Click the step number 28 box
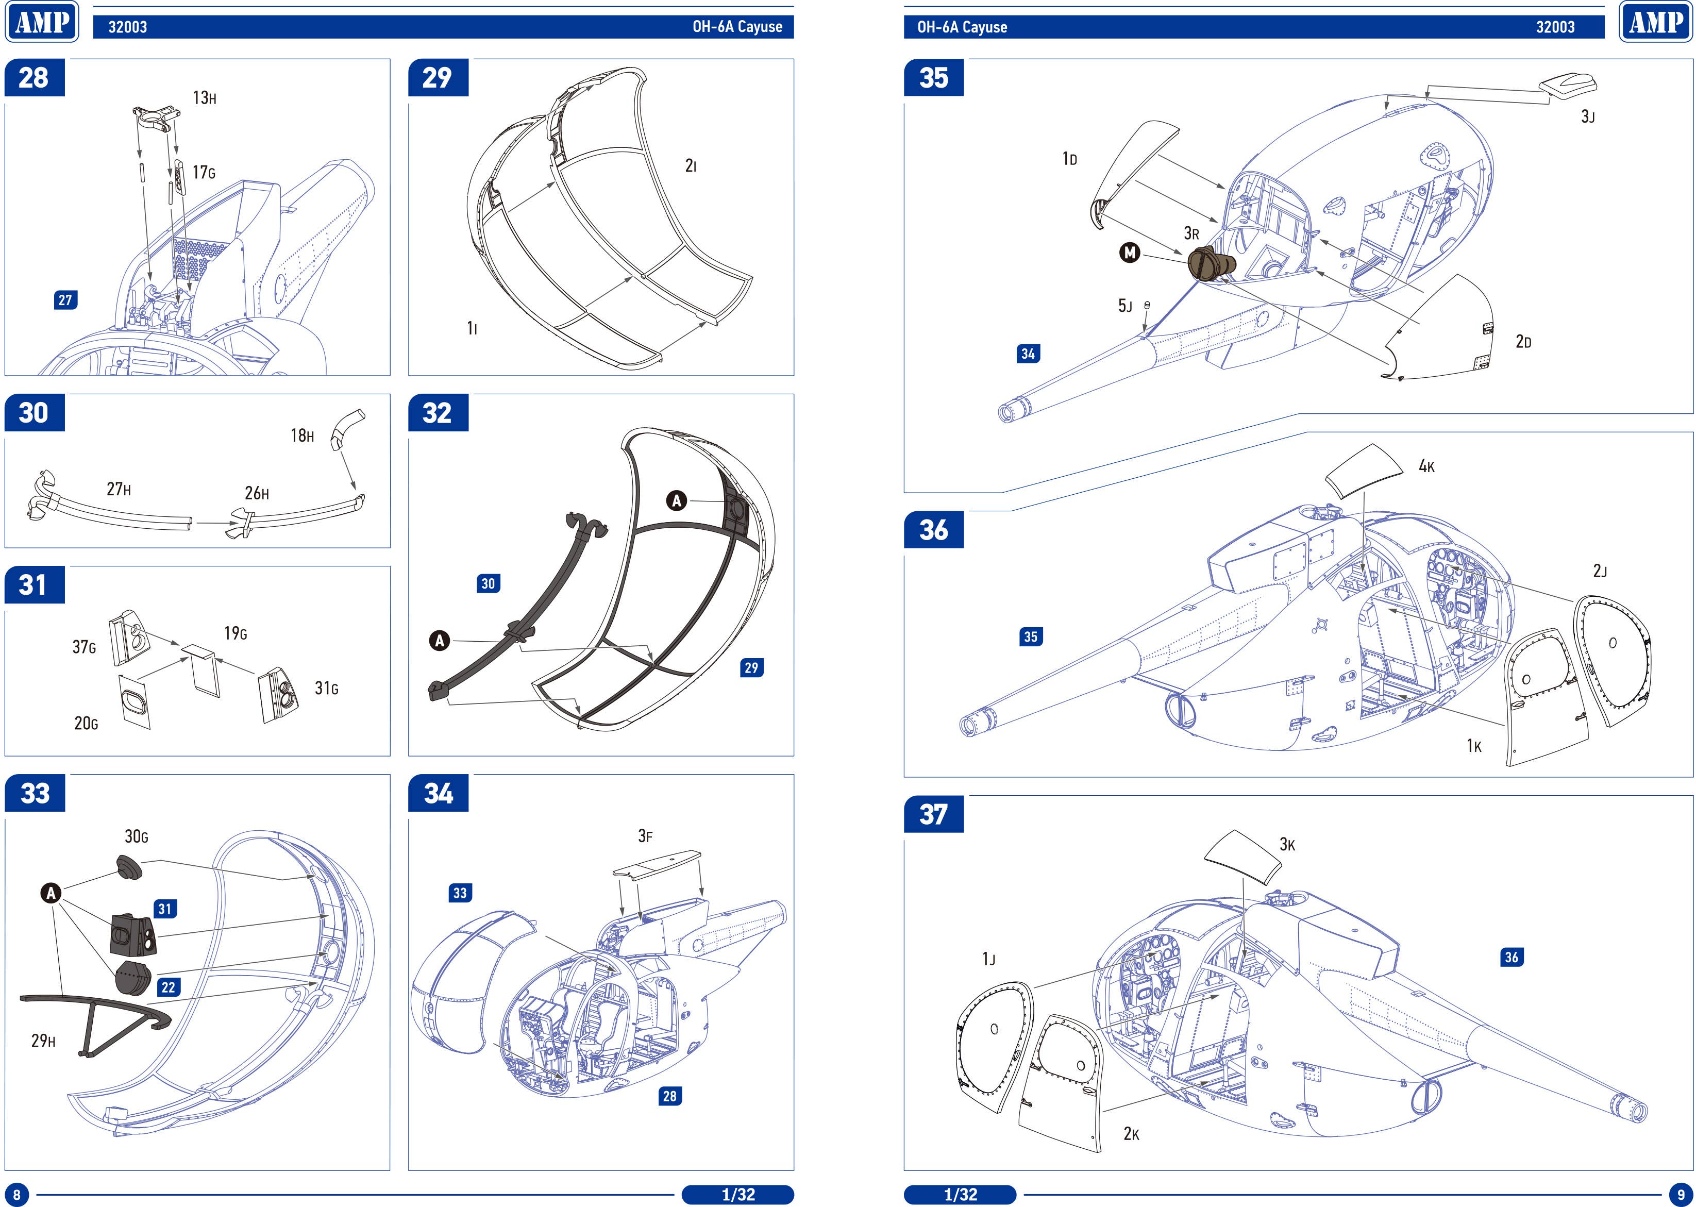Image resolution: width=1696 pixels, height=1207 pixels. (34, 78)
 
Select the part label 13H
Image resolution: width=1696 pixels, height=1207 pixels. (205, 98)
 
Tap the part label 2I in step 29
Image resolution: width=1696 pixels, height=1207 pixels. (691, 166)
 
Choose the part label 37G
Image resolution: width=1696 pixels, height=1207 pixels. (84, 647)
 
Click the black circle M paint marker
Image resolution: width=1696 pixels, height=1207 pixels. (1129, 253)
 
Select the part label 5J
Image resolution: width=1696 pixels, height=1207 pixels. (1125, 306)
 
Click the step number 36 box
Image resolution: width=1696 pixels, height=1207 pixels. (933, 530)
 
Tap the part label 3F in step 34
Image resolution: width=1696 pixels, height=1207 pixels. (645, 836)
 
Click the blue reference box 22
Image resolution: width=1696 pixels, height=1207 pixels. (169, 987)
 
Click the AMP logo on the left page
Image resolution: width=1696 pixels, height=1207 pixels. (42, 22)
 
